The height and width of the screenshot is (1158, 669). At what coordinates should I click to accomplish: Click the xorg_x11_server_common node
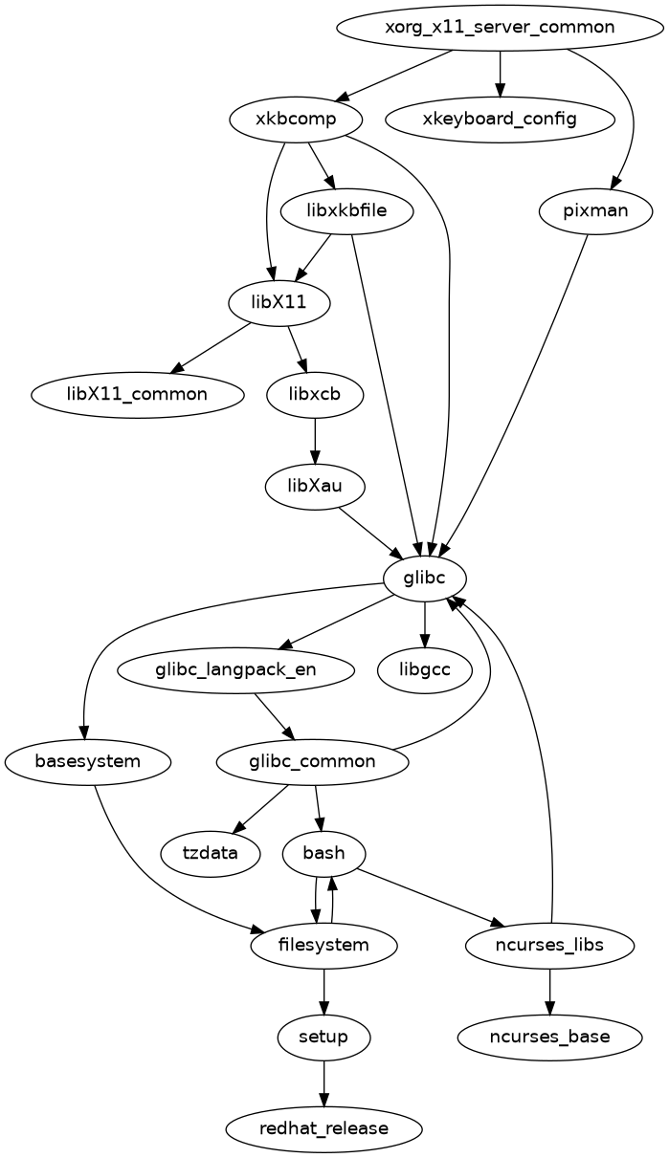[500, 27]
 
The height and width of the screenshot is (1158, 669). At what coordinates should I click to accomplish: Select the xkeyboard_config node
[500, 120]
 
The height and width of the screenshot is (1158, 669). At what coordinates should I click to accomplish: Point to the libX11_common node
[138, 395]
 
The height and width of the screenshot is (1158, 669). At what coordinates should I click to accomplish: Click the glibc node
[425, 579]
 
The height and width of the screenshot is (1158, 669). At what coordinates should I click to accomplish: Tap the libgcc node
[425, 670]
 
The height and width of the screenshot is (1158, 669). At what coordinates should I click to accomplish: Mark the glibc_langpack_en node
[235, 670]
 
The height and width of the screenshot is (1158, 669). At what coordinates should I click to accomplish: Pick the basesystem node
[88, 762]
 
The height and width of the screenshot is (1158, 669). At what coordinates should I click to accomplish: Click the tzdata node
[211, 853]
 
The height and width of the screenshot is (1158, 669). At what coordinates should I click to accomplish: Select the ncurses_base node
[549, 1037]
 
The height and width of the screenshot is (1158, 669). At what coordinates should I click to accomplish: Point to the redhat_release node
[323, 1128]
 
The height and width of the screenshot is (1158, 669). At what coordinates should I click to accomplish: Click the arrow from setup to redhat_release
[323, 1082]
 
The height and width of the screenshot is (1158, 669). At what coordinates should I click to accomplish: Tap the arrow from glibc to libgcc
[425, 624]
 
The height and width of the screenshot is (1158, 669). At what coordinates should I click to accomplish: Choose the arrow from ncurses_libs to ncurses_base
[549, 991]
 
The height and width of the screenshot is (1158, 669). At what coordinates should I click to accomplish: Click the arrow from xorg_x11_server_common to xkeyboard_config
[500, 74]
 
